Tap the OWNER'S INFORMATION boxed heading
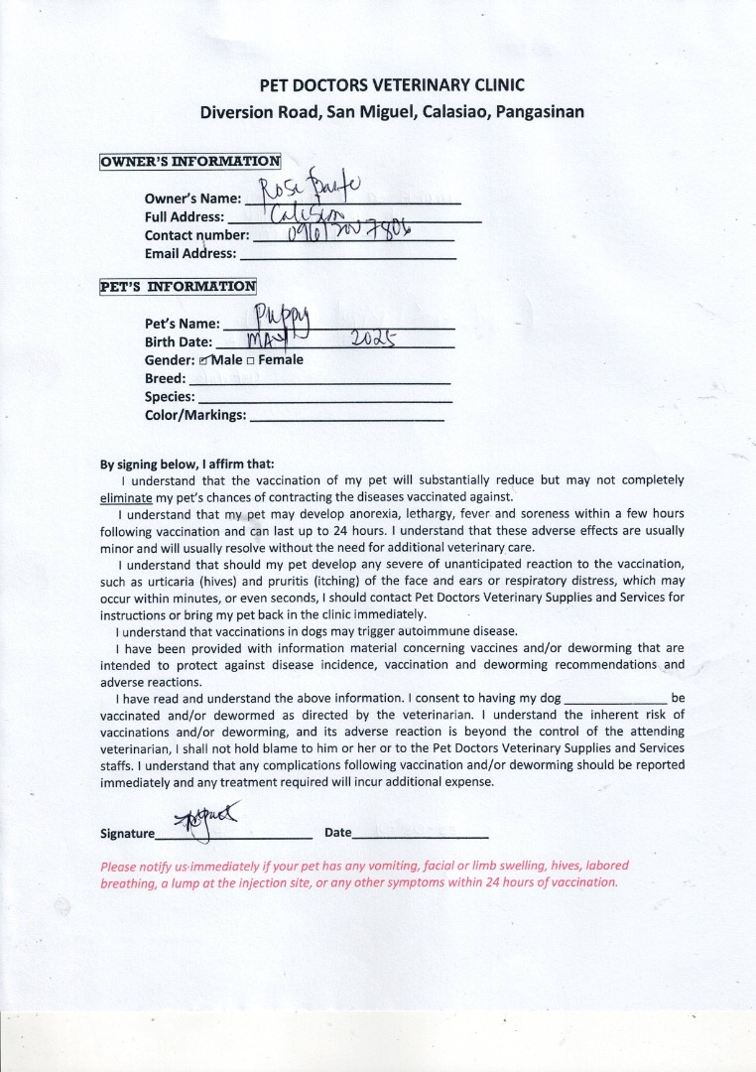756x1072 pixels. pos(190,161)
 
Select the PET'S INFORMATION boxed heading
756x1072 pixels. pos(179,287)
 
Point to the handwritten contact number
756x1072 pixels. pos(347,232)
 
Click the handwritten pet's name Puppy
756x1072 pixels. pos(283,318)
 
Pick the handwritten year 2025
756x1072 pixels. pos(374,338)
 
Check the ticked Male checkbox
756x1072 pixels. pos(203,360)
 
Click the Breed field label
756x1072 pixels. pos(165,378)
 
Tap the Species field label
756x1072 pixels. pos(170,396)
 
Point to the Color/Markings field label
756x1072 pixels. pos(195,415)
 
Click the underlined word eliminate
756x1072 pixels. pos(126,495)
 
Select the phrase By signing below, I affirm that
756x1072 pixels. pos(188,464)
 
